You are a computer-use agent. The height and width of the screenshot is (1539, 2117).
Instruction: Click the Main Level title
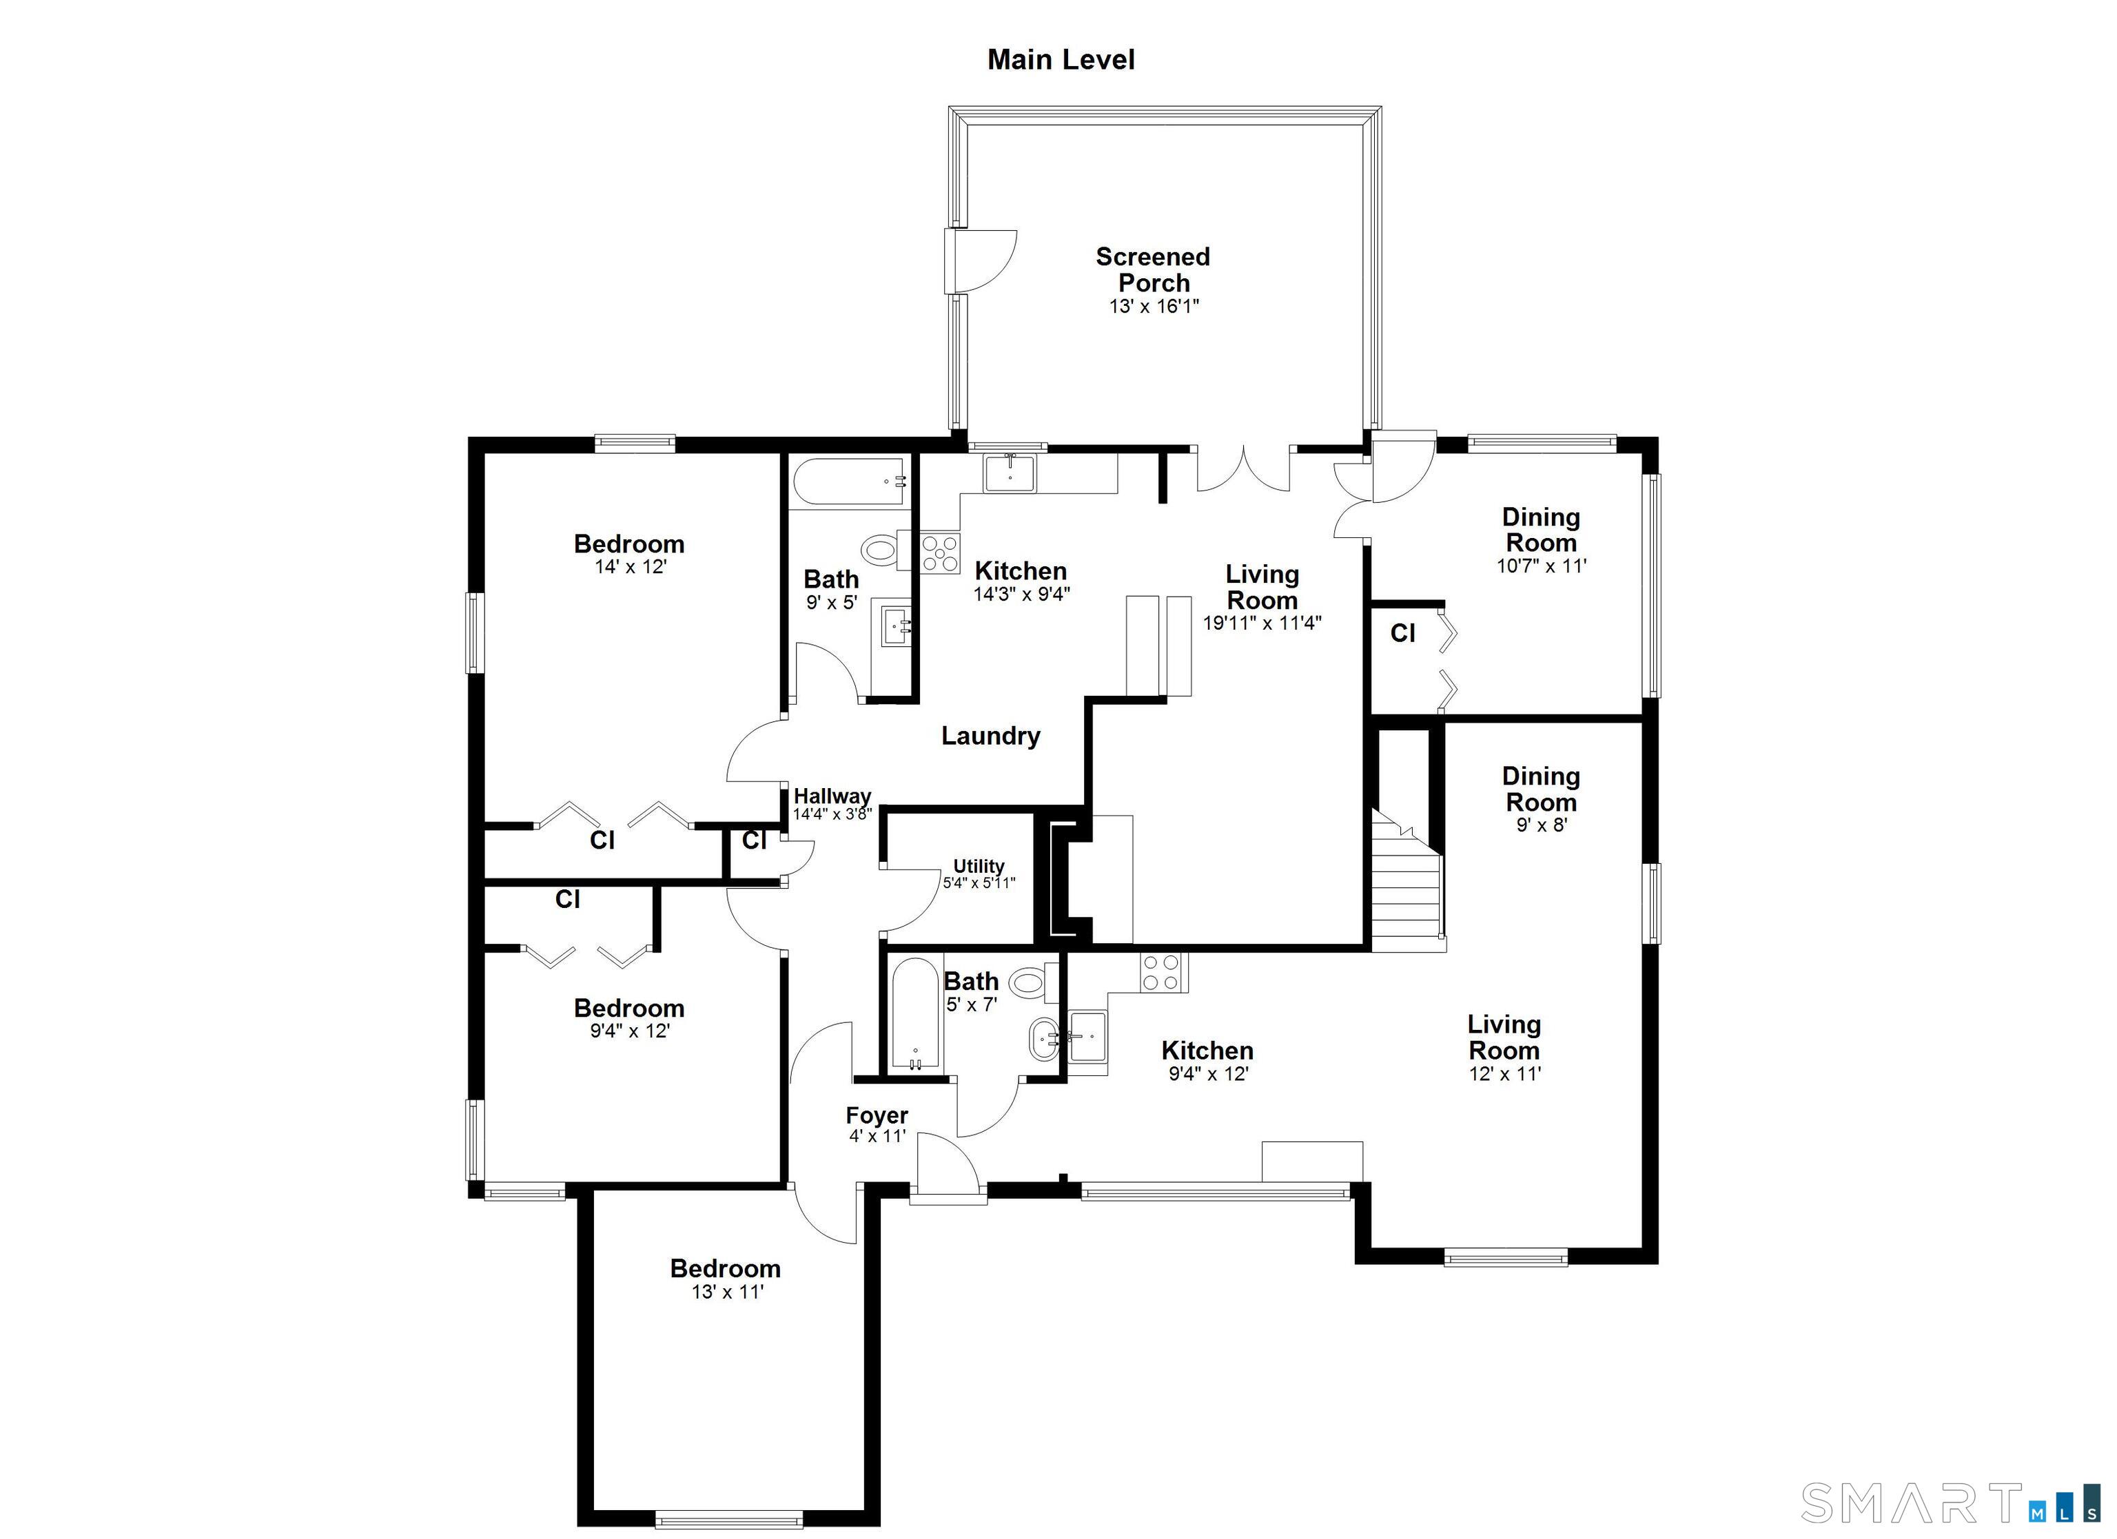1061,60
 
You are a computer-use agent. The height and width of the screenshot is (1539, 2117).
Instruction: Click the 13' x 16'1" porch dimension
1154,306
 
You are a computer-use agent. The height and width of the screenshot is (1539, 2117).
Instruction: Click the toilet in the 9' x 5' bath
880,549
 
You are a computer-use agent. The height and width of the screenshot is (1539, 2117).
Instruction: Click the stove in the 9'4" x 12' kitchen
1162,973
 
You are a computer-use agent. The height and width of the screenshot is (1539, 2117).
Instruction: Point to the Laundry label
990,736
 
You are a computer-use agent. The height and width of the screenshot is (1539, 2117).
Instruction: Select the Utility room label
979,866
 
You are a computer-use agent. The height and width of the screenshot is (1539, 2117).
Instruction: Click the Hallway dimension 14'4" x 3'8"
832,814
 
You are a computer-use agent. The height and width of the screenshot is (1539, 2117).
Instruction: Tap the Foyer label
877,1115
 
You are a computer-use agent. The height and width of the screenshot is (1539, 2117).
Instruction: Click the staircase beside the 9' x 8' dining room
1407,887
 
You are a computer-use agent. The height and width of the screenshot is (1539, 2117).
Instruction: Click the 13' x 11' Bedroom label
725,1269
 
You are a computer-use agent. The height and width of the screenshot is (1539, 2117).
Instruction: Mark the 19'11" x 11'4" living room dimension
1262,623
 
